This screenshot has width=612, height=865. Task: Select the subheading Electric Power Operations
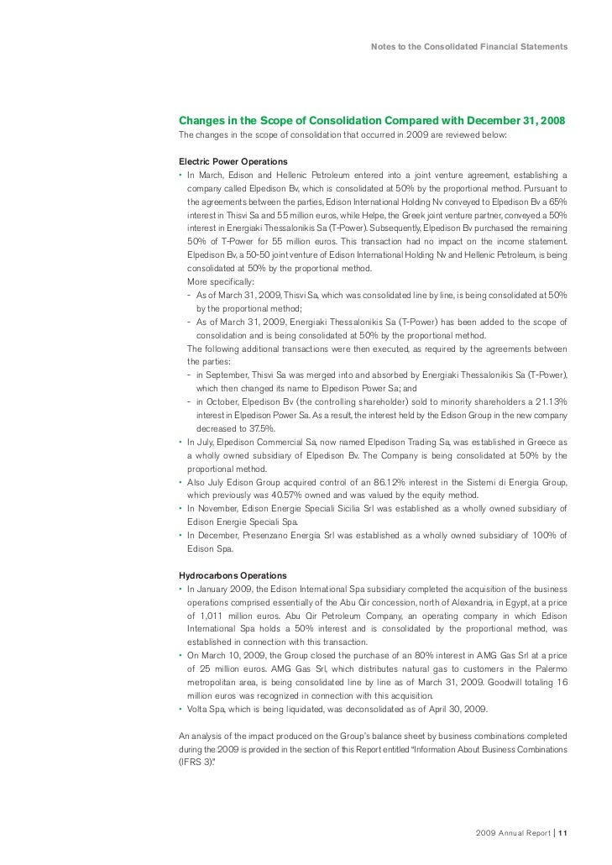(233, 160)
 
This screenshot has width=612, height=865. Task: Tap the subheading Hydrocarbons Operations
(233, 574)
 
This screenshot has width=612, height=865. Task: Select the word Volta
(198, 709)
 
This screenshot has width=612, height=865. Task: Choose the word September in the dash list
(225, 375)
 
